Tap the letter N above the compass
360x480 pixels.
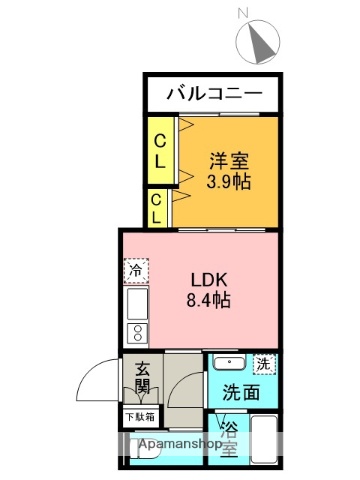pos(243,13)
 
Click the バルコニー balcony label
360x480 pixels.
pos(214,95)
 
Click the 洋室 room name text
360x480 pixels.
pos(228,161)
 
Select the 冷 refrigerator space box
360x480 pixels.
pos(136,270)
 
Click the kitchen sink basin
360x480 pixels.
pos(136,302)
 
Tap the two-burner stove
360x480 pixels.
pos(136,334)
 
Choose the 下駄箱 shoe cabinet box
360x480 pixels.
pos(140,416)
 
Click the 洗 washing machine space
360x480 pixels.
pos(263,364)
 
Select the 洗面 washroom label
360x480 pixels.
pos(242,392)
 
